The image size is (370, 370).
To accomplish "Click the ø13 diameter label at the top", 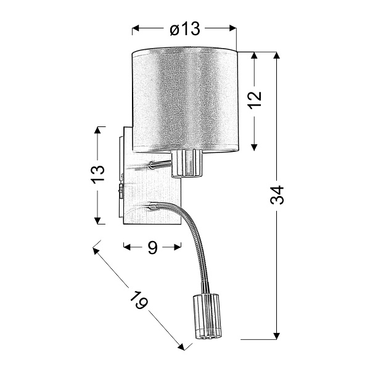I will (x=185, y=28).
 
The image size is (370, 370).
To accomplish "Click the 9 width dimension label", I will (x=152, y=247).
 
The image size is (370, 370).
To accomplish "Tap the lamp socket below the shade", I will (x=187, y=163).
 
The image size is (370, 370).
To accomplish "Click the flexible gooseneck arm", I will (x=196, y=240).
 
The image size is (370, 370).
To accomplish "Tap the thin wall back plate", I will (x=120, y=176).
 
